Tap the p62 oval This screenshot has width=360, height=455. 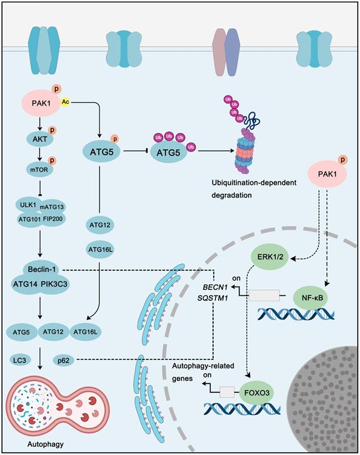[64, 358]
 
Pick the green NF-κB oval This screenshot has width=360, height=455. [309, 298]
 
